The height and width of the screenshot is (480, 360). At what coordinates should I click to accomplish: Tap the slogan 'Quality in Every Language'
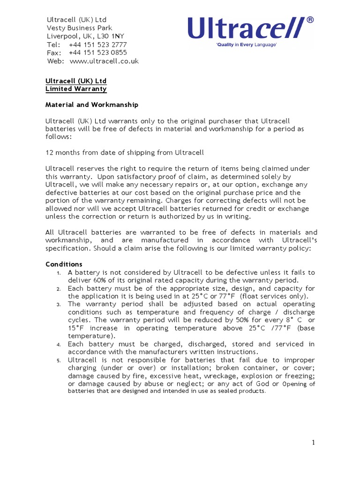[x=246, y=45]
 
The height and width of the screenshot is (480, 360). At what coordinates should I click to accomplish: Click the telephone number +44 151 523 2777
[x=97, y=45]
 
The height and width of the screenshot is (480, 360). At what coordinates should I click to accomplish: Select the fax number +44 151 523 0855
[x=97, y=53]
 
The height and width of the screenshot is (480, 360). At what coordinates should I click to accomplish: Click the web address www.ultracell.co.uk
[x=104, y=61]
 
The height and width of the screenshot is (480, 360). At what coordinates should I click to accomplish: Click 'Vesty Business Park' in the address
[x=79, y=28]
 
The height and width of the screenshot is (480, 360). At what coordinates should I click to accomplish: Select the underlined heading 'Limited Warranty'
[x=76, y=89]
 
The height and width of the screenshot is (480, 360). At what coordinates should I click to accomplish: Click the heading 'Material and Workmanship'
[x=91, y=105]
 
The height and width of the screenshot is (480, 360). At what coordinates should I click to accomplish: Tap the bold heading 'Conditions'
[x=64, y=264]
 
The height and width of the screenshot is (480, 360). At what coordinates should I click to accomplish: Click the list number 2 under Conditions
[x=59, y=288]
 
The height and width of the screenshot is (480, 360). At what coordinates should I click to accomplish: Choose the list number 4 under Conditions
[x=59, y=345]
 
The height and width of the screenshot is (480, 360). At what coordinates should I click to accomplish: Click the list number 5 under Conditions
[x=59, y=360]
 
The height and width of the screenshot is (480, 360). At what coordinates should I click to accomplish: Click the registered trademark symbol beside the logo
[x=310, y=21]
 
